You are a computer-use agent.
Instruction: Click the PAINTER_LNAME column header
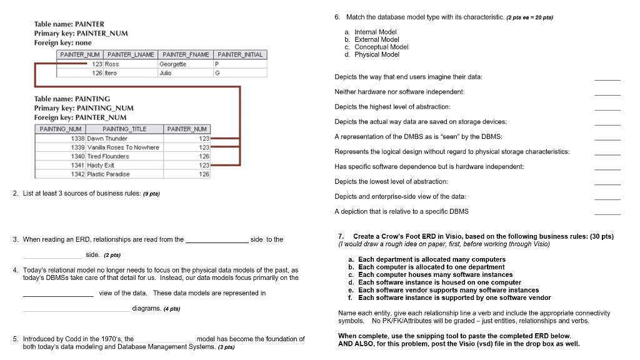131,55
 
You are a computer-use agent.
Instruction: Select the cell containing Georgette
173,64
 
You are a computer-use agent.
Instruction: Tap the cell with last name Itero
111,73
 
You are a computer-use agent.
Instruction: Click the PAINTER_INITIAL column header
240,55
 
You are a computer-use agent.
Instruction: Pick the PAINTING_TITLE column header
124,129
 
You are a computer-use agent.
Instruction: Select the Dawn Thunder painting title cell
107,138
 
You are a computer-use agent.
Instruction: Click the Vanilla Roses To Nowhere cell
123,147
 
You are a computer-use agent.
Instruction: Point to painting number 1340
77,156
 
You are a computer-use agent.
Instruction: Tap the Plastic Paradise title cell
109,174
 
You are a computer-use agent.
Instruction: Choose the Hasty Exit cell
101,165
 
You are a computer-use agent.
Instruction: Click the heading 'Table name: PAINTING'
72,99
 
